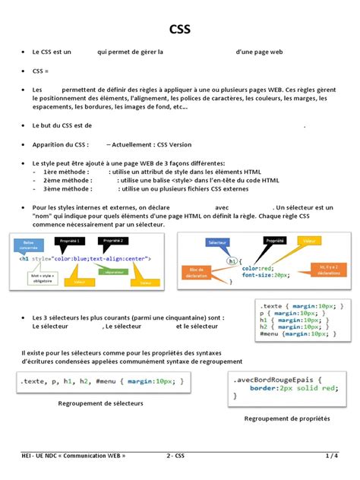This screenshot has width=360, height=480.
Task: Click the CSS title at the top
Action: [x=179, y=30]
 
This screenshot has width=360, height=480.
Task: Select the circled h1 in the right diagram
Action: [x=234, y=261]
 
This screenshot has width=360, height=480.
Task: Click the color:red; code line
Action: [x=257, y=268]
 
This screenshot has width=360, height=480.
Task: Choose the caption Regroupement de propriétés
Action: [x=287, y=418]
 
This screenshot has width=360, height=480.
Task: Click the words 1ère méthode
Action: [x=67, y=172]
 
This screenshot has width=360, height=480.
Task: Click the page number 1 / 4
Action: [x=332, y=456]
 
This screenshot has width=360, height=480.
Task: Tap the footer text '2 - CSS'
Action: [x=175, y=456]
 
